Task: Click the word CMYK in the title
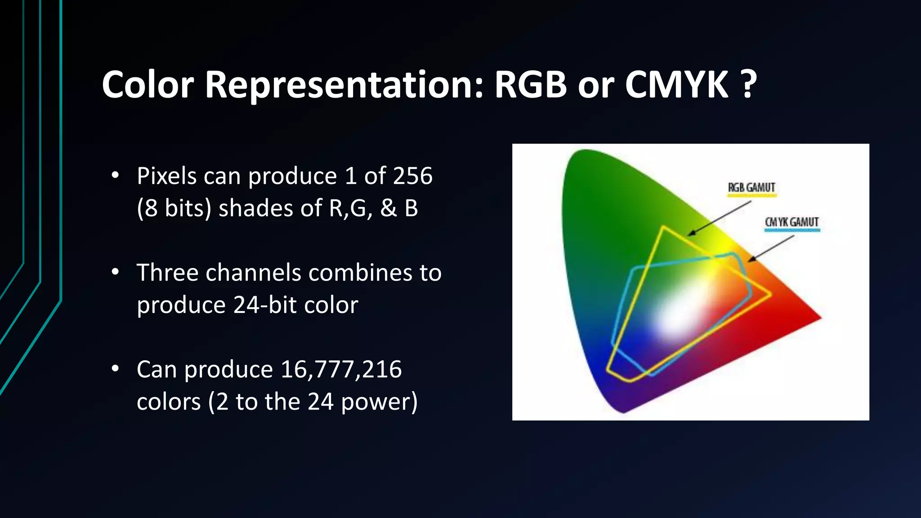pos(676,85)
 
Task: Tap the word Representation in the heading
pos(344,85)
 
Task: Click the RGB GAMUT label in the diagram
pos(751,187)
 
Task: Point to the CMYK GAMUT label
pos(791,222)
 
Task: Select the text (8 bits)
pos(174,209)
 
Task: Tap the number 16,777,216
pos(341,370)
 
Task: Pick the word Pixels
pos(166,176)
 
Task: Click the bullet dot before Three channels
pos(116,272)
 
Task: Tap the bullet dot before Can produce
pos(116,369)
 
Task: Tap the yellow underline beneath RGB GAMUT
pos(751,196)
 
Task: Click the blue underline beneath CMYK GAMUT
pos(792,230)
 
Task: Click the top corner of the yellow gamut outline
pos(663,227)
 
